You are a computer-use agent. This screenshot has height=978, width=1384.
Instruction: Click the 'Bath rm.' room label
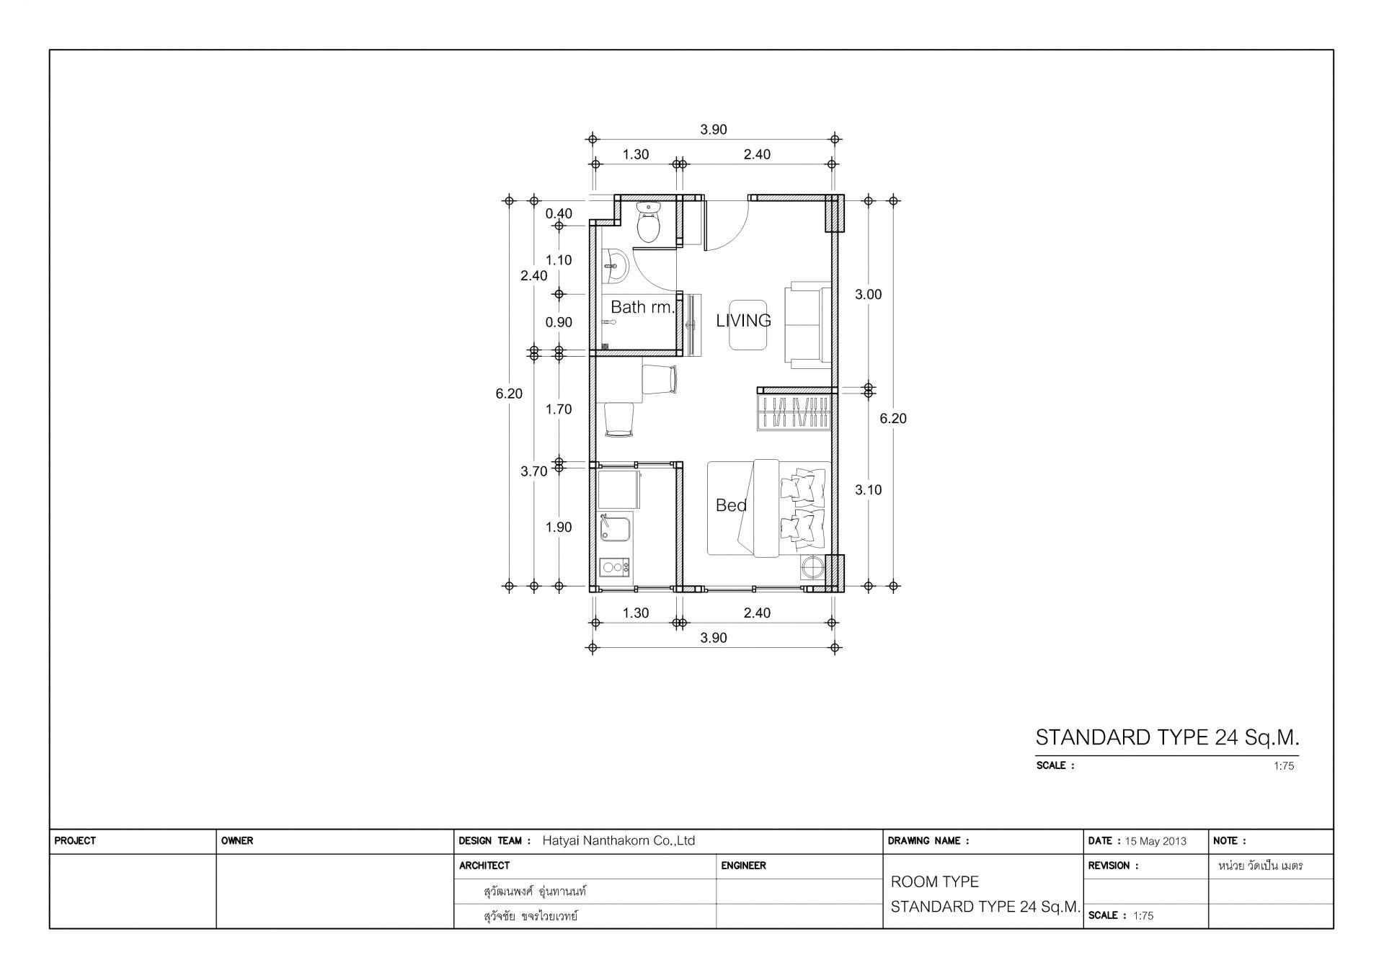[x=643, y=307]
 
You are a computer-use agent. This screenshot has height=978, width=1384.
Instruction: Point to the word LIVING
[x=743, y=321]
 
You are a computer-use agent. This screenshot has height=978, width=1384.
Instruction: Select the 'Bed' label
[x=731, y=505]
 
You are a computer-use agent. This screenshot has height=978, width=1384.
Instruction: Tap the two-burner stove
[x=614, y=568]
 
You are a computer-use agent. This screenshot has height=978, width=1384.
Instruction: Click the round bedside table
[x=812, y=568]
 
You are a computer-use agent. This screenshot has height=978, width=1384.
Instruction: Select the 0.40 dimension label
[x=559, y=213]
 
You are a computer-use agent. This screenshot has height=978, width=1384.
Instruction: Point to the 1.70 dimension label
[x=559, y=409]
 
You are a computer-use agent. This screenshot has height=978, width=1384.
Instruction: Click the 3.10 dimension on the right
[x=868, y=490]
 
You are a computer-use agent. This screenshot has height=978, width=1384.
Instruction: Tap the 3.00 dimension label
[x=868, y=294]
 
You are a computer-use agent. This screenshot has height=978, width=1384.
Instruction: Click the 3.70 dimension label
[x=534, y=471]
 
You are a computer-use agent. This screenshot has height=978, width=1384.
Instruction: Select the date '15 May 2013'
[x=1155, y=841]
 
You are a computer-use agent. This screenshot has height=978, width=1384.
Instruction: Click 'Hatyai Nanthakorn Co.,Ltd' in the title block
[x=618, y=840]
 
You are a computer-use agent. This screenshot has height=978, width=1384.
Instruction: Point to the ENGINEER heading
[x=743, y=866]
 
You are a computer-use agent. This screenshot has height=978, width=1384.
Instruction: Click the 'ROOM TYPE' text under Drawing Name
[x=935, y=882]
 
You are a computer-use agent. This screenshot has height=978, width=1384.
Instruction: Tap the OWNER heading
[x=237, y=841]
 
